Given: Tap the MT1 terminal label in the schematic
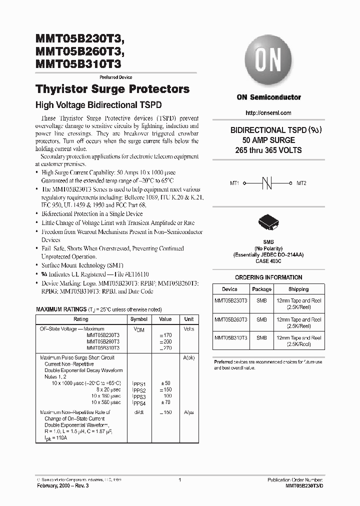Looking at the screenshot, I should [x=234, y=183].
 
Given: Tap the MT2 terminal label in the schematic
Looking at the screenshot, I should [x=301, y=183].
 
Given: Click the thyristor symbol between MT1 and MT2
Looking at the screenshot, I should [x=268, y=183].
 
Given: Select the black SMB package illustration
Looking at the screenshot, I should [x=268, y=223].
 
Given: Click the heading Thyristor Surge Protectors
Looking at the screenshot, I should [x=112, y=89].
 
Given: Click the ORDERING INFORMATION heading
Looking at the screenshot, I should [x=268, y=277].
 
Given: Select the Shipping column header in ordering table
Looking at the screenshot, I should [x=298, y=289].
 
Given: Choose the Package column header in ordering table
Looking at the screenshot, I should [x=261, y=289].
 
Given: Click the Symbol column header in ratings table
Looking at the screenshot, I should [x=138, y=319].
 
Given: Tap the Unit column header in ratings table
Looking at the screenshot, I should [x=188, y=319].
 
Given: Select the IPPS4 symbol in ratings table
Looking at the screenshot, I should [x=138, y=402].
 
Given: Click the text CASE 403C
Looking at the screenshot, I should [x=268, y=260].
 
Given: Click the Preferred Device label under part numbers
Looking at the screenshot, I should [x=116, y=77].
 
